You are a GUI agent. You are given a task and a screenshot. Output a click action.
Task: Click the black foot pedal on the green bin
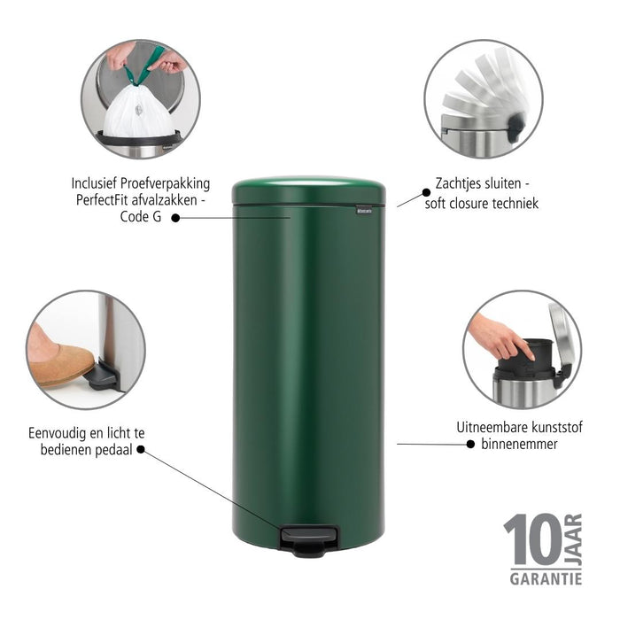click(x=309, y=538)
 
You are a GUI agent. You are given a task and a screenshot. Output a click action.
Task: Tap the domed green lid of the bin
click(x=308, y=190)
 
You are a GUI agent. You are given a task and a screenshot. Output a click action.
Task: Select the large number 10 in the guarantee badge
click(x=531, y=539)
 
